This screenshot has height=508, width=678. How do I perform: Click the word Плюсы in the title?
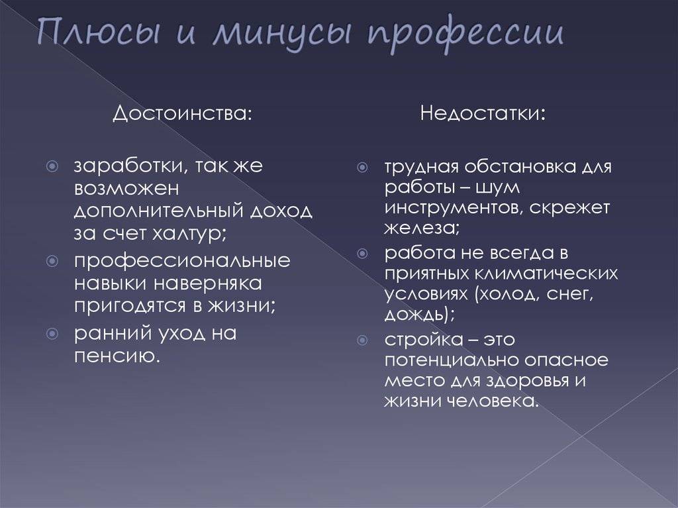point(99,32)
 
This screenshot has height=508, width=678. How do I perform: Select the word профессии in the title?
point(465,34)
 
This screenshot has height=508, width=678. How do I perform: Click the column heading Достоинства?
point(182,114)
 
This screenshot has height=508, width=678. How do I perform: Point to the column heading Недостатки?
point(483,113)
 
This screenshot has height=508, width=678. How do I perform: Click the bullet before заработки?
point(52,166)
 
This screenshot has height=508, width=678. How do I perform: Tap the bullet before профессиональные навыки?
point(52,261)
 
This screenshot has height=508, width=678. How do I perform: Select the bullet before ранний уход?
point(52,334)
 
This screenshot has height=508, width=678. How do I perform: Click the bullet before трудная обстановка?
point(362,167)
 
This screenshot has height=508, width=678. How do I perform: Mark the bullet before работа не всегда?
point(362,253)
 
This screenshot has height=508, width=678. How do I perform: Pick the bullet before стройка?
point(362,340)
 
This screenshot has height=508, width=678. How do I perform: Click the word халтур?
point(190,234)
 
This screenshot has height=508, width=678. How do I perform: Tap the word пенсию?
point(117,356)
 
